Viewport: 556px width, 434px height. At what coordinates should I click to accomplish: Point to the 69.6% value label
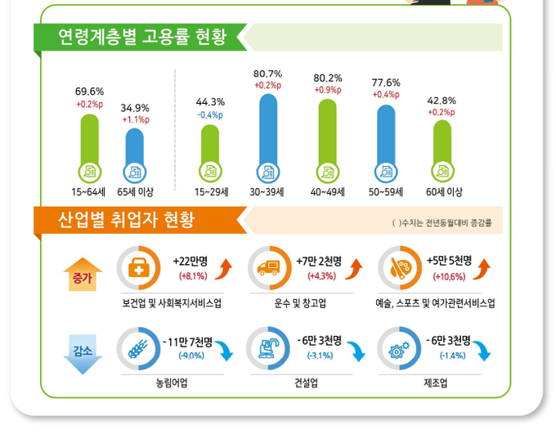tap(89, 92)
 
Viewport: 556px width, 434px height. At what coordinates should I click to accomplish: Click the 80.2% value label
tap(328, 78)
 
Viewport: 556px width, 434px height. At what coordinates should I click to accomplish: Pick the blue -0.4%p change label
tap(210, 114)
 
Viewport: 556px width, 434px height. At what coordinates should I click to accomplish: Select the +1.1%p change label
tap(135, 119)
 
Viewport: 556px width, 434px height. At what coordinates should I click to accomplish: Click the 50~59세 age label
tap(386, 192)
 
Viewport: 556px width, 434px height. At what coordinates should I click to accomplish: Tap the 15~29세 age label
tap(210, 192)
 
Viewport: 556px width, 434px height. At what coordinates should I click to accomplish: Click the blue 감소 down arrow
tap(83, 356)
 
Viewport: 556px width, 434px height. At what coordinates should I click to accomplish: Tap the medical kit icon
tap(138, 268)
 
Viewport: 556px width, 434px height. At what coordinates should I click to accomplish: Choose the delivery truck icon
tap(268, 268)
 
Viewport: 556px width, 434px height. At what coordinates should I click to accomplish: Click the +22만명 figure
tap(191, 261)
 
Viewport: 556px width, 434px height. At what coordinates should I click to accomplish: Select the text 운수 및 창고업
tap(300, 303)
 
